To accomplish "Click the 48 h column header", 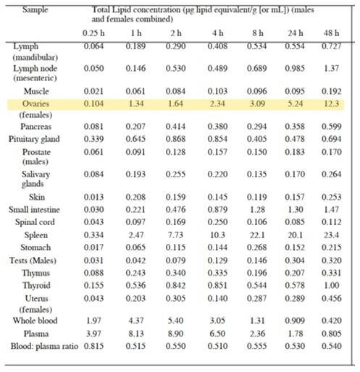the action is [331, 33].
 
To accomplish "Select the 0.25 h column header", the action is [93, 33].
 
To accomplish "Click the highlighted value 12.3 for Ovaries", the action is [331, 103].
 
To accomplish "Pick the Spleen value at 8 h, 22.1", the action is [257, 234].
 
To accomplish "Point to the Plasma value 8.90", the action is [175, 334].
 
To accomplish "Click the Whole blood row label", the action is [35, 321].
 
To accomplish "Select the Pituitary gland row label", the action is [34, 139].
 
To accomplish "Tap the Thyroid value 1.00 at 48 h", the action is [331, 285].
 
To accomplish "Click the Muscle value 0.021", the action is [93, 91].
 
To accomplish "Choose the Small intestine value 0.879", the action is [217, 209].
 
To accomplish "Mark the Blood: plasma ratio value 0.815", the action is [93, 346].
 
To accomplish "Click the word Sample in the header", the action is [35, 9].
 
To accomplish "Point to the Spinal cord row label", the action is [35, 222].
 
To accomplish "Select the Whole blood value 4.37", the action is [136, 321].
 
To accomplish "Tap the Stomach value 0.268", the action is [257, 248].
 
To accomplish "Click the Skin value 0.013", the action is [93, 197].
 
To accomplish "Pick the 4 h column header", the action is [218, 33].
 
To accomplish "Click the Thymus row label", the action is [36, 273].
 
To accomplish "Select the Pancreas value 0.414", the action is [175, 127].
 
